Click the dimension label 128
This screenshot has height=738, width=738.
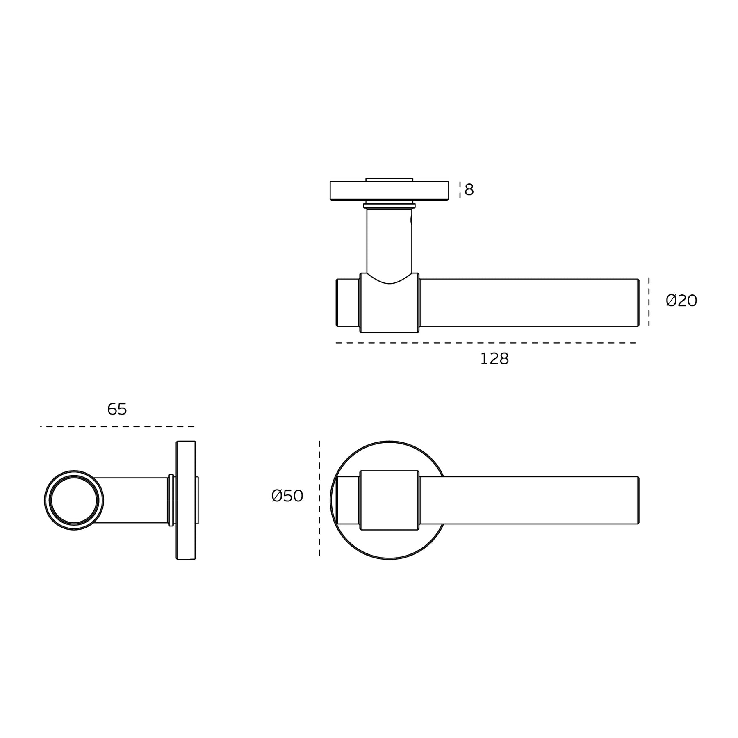tap(494, 359)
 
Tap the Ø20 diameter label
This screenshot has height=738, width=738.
tap(681, 301)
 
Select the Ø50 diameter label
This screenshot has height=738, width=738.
tap(287, 496)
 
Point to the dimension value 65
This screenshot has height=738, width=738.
tap(117, 409)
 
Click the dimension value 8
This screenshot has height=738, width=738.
tap(469, 189)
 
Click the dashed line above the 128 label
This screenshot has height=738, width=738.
tap(486, 343)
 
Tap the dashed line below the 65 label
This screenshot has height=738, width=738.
tap(117, 427)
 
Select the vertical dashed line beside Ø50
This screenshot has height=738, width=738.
tap(319, 499)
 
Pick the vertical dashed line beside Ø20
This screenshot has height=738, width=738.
tap(649, 302)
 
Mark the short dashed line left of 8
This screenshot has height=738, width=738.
tap(460, 190)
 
